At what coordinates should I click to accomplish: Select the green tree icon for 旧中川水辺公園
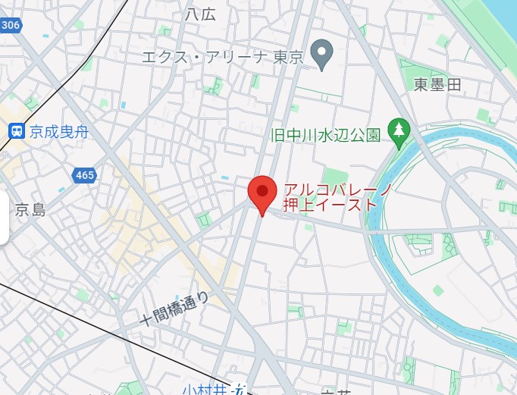[398, 132]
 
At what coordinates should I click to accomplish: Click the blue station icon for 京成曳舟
[16, 131]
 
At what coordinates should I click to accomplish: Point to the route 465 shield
[85, 176]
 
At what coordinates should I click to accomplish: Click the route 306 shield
[10, 25]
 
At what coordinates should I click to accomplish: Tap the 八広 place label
[200, 14]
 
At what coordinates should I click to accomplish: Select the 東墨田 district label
[437, 85]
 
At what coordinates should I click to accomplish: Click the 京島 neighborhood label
[30, 210]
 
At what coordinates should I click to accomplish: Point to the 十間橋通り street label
[174, 306]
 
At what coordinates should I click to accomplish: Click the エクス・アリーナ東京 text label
[224, 57]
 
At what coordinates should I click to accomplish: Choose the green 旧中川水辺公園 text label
[325, 136]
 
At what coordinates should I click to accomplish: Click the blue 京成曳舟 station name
[59, 132]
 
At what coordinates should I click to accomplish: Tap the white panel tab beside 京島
[4, 218]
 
